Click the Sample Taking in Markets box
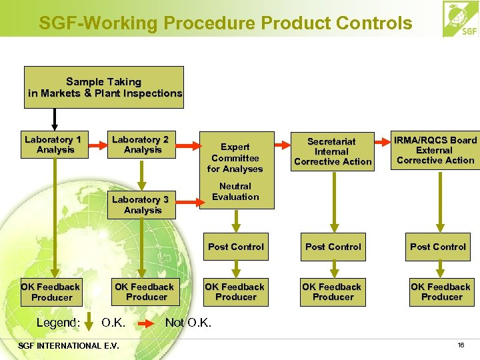104,87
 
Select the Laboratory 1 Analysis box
53,144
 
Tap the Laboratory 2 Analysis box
141,144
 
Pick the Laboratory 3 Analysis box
141,205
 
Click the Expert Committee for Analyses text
235,158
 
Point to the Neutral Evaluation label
235,192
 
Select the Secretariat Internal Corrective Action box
333,151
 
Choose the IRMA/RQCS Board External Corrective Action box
435,150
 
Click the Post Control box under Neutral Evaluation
236,247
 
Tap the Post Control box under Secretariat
333,247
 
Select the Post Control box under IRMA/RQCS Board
438,247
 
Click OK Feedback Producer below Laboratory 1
51,292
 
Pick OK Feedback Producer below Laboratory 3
145,292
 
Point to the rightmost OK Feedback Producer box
441,292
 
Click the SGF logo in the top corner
460,19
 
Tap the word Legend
58,323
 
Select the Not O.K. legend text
188,323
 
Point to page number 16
461,345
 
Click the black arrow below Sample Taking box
55,119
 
